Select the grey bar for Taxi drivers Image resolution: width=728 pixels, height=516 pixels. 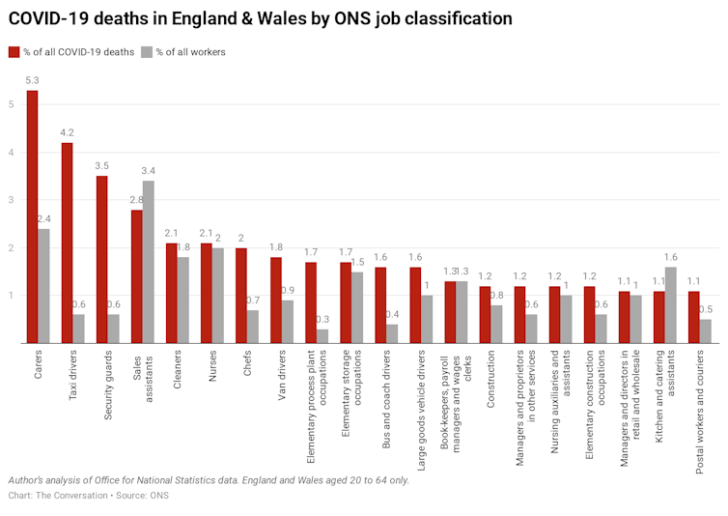coord(78,329)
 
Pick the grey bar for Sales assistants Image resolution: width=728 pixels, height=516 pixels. coord(148,262)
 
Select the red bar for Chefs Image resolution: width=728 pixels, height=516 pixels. coord(240,296)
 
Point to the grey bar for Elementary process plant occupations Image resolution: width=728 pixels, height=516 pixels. coord(322,336)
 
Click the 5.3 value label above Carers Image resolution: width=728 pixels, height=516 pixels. coord(32,80)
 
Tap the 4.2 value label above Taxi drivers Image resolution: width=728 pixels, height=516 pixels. coord(67,133)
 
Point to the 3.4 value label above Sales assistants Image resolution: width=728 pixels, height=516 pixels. coord(148,171)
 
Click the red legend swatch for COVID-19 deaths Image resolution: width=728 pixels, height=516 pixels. coord(14,52)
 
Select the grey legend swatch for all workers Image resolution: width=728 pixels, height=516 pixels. coord(147,52)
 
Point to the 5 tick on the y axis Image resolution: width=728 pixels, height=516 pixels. coord(12,104)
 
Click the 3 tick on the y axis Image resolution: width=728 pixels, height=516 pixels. coord(12,200)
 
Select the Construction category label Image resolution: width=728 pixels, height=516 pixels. coord(490,378)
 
